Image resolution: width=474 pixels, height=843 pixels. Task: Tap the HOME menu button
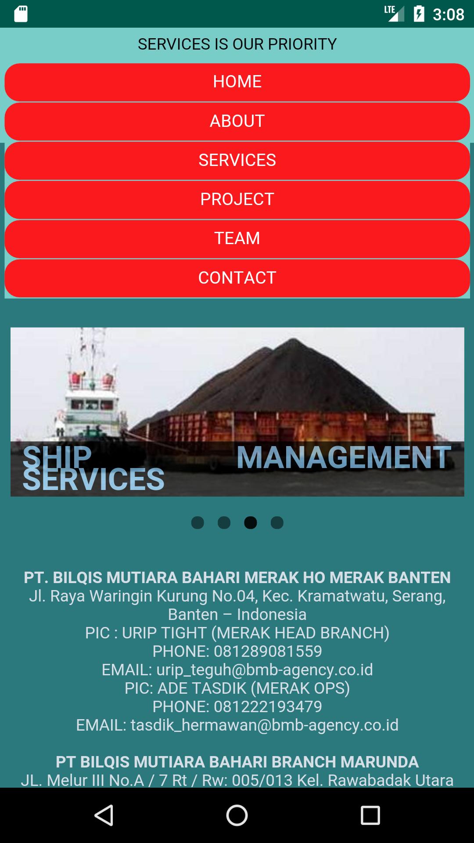tap(237, 82)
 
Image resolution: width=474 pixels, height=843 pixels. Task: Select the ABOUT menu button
tap(237, 121)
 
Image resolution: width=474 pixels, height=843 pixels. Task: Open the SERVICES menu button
tap(237, 160)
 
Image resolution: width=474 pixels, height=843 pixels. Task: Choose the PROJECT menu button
tap(237, 199)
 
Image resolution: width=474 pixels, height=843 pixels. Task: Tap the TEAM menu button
tap(237, 238)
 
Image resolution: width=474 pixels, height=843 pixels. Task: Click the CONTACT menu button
tap(237, 278)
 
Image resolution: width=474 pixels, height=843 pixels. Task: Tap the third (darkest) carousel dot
tap(251, 522)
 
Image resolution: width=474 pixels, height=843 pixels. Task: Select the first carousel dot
tap(197, 522)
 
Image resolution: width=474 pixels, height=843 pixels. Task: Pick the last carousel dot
tap(277, 522)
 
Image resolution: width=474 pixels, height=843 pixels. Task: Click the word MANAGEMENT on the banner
tap(344, 458)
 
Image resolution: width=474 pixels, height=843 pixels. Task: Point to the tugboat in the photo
tap(88, 395)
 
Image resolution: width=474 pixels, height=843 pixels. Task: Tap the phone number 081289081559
tap(268, 651)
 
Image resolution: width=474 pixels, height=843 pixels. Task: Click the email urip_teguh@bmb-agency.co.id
tap(265, 670)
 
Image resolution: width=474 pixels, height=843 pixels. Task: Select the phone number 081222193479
tap(268, 706)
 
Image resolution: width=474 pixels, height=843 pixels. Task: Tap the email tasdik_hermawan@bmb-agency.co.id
tap(265, 725)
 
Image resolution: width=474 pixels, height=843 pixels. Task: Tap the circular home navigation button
tap(237, 815)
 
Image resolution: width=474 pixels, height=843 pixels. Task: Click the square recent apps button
tap(370, 815)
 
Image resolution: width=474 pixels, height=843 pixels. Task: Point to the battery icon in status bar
tap(419, 14)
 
